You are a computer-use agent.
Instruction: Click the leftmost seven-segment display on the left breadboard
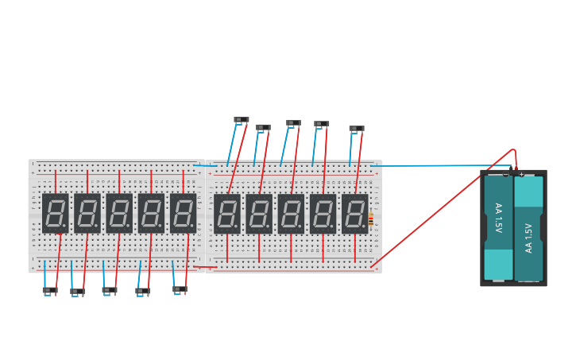tap(56, 213)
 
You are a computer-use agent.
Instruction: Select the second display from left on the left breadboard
tap(87, 213)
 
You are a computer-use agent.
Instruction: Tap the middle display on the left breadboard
tap(119, 213)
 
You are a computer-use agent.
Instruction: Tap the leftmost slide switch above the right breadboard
tap(242, 120)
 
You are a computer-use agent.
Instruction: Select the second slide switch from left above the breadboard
tap(263, 127)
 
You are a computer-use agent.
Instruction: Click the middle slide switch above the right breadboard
tap(293, 123)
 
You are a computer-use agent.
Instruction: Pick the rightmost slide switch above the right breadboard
tap(357, 129)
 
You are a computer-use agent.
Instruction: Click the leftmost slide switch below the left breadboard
tap(50, 290)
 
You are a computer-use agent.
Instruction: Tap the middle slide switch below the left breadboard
tap(110, 290)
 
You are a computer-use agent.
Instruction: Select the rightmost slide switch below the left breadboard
tap(180, 289)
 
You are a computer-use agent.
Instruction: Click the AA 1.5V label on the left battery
tap(498, 218)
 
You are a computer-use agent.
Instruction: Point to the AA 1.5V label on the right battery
tap(528, 237)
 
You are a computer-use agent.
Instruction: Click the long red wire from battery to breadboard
tap(445, 206)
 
